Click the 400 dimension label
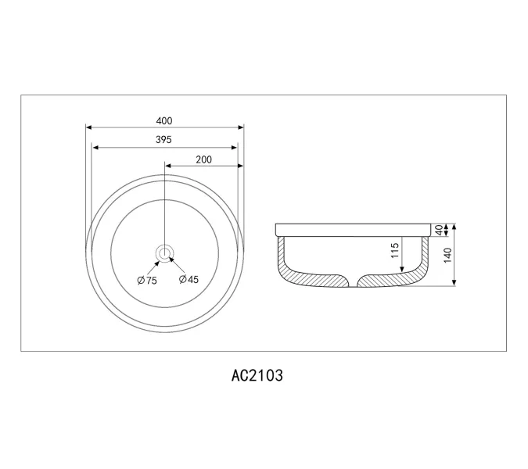click(x=164, y=121)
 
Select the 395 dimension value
click(x=163, y=139)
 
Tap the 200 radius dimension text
click(x=203, y=159)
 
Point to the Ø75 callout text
click(x=147, y=281)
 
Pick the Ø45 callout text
click(x=189, y=279)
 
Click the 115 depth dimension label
click(x=395, y=251)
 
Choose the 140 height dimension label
click(x=447, y=255)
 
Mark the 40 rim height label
click(x=440, y=231)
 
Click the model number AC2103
click(x=257, y=375)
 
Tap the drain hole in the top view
click(x=165, y=253)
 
